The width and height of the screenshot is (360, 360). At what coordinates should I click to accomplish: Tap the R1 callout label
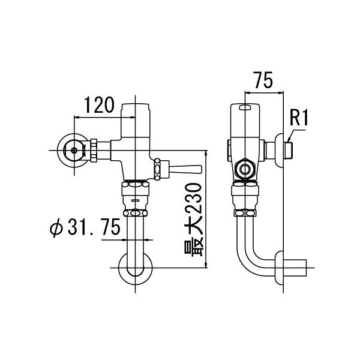click(298, 118)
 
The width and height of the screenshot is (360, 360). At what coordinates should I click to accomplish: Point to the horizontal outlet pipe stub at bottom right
click(298, 268)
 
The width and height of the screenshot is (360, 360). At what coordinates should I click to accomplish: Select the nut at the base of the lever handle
click(158, 168)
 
